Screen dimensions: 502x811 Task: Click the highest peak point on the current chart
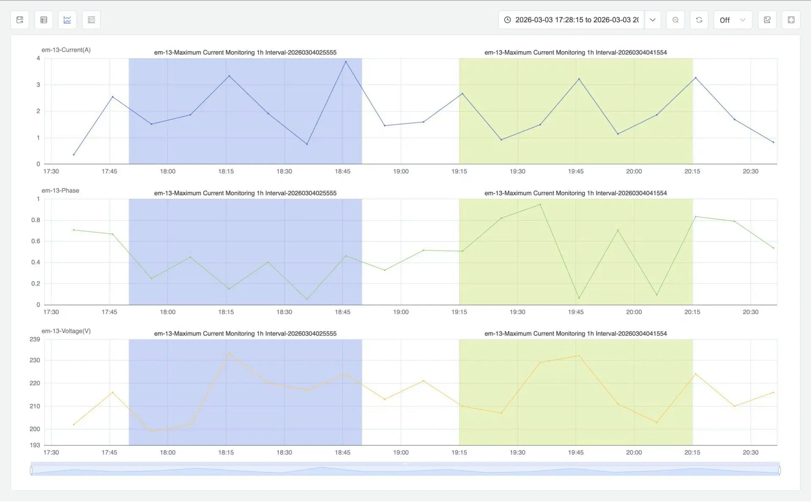click(x=346, y=62)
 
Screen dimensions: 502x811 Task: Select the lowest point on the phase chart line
click(x=307, y=299)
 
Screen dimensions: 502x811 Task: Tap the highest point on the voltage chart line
click(x=229, y=353)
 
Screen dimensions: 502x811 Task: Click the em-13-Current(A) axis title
click(x=66, y=50)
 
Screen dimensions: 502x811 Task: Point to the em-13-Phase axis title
click(x=60, y=191)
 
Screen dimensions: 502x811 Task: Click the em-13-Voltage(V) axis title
click(x=66, y=331)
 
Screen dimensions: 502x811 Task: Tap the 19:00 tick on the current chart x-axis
click(x=401, y=172)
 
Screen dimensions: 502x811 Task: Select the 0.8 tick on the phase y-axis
click(x=36, y=220)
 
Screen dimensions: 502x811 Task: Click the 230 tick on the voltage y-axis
click(x=35, y=360)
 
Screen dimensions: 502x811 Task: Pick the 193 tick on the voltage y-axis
click(x=35, y=445)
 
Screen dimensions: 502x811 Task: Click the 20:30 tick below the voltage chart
click(x=751, y=453)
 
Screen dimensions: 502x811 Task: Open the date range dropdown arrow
click(x=653, y=20)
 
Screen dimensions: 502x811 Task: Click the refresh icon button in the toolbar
click(x=699, y=20)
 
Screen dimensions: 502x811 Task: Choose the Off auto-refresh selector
click(x=732, y=20)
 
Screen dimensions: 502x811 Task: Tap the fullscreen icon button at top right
click(x=791, y=20)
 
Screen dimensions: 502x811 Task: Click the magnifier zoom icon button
click(x=675, y=20)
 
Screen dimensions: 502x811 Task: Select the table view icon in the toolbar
click(x=44, y=20)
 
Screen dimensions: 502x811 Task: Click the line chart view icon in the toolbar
click(x=67, y=20)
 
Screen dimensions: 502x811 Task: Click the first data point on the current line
click(x=73, y=155)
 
